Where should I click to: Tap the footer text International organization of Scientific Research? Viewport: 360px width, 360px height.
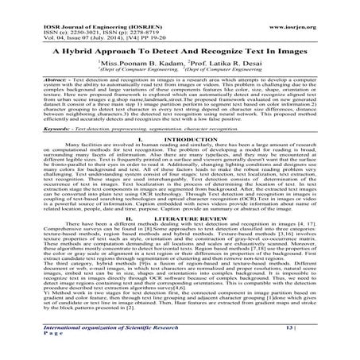[x=85, y=342]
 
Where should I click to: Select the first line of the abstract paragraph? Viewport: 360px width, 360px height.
[x=180, y=81]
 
